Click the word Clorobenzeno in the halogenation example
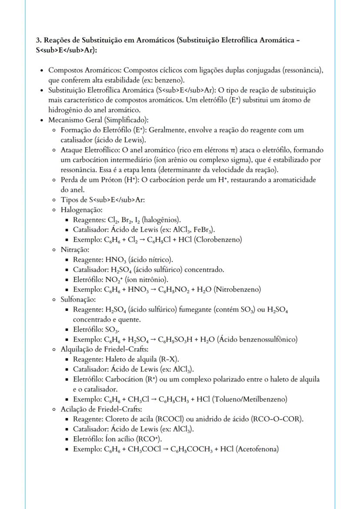coord(220,239)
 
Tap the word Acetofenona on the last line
coord(257,449)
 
